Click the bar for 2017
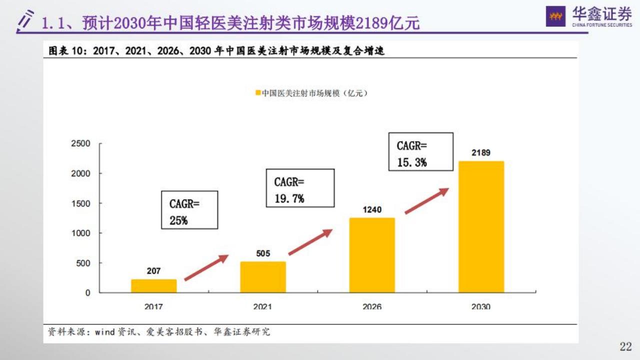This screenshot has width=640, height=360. (154, 285)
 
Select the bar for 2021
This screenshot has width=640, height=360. (263, 277)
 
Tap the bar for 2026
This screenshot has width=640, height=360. (372, 255)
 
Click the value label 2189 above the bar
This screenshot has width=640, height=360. (481, 153)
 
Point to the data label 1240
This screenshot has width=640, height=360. (372, 209)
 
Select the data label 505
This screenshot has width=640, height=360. (263, 253)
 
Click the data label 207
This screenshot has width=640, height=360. (154, 271)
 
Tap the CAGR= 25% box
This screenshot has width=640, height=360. (189, 210)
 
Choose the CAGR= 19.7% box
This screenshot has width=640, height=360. (300, 188)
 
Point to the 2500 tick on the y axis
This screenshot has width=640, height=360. (80, 144)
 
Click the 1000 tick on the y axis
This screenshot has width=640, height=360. (80, 233)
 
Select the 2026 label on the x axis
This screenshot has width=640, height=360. (372, 306)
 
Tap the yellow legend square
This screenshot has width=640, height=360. (258, 93)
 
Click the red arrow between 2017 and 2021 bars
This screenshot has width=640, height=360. (206, 268)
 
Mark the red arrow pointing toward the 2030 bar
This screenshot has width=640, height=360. (426, 201)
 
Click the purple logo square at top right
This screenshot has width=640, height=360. (555, 16)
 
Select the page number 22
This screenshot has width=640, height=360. (625, 346)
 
